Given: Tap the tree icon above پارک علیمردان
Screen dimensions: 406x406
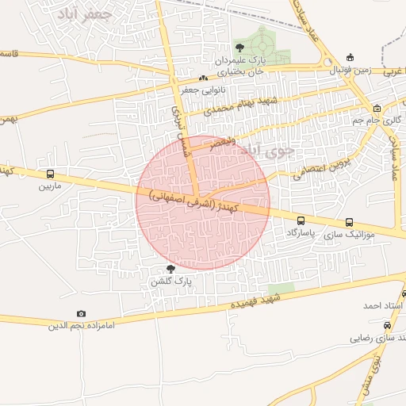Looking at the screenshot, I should [239, 48].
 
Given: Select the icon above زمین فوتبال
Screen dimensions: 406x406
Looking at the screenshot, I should [350, 57].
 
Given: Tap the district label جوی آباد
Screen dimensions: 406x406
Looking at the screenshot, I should [270, 148].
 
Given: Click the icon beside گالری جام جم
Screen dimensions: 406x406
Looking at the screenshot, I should [377, 109].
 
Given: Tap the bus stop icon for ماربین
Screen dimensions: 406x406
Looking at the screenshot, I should [51, 174].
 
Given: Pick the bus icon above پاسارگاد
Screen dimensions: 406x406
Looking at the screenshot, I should [301, 220].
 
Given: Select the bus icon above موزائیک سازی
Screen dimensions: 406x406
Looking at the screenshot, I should [350, 222].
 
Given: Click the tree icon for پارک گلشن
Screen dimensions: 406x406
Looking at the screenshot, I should [170, 270].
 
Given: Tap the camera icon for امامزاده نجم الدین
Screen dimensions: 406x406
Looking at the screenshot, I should [81, 314].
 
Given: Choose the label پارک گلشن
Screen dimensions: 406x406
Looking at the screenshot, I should [170, 282].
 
